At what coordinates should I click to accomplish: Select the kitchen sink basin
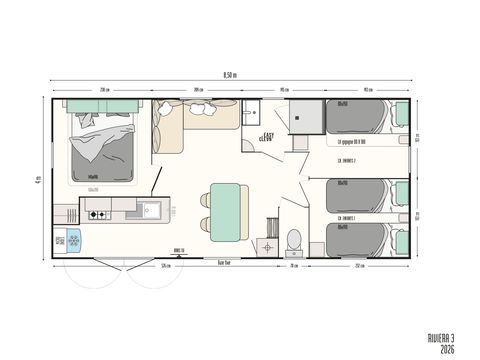pos(151,210)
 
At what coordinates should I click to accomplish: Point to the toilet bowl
pos(294,240)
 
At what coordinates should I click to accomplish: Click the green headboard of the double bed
pos(100,104)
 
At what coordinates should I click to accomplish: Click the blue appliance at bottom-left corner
pos(73,239)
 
